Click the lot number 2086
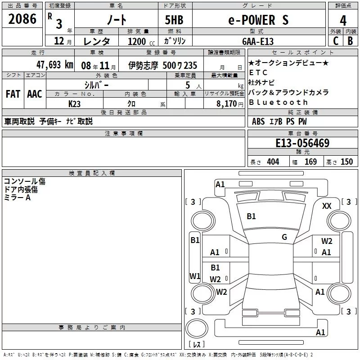click(x=22, y=19)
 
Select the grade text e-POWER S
click(x=257, y=20)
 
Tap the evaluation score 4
click(x=343, y=20)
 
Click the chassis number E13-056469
click(x=302, y=144)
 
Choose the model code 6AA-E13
click(x=257, y=41)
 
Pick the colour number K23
click(x=75, y=104)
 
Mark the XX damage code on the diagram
click(x=327, y=206)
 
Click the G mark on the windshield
click(x=284, y=237)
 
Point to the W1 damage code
click(x=195, y=276)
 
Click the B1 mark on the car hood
click(x=251, y=216)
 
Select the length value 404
click(x=273, y=162)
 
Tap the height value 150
click(x=346, y=162)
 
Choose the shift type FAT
click(x=13, y=94)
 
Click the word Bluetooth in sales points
click(x=278, y=102)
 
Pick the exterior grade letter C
click(x=335, y=41)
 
